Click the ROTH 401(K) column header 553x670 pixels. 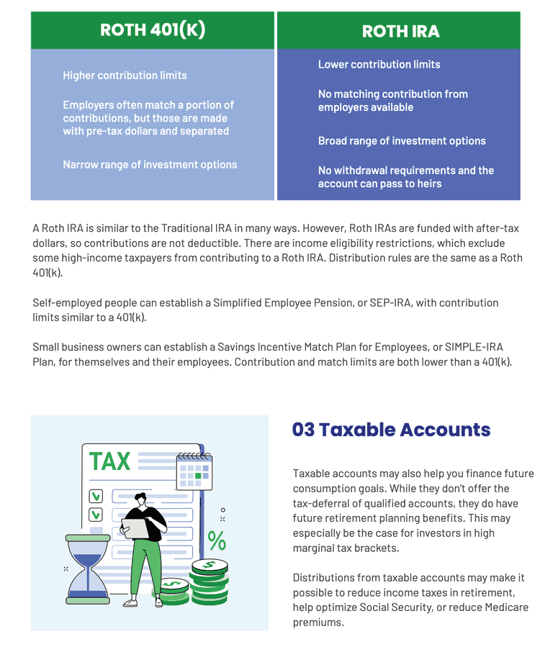pyautogui.click(x=153, y=30)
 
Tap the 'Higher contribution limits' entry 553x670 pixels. pyautogui.click(x=125, y=76)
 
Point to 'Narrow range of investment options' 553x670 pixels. pyautogui.click(x=150, y=165)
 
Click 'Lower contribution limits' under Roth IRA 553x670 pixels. pyautogui.click(x=379, y=65)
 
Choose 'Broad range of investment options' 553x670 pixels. pyautogui.click(x=402, y=141)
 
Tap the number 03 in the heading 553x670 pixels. pyautogui.click(x=303, y=430)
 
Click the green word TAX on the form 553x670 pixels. pyautogui.click(x=109, y=461)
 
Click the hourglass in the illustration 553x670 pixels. pyautogui.click(x=87, y=569)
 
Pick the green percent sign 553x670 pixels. pyautogui.click(x=216, y=540)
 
